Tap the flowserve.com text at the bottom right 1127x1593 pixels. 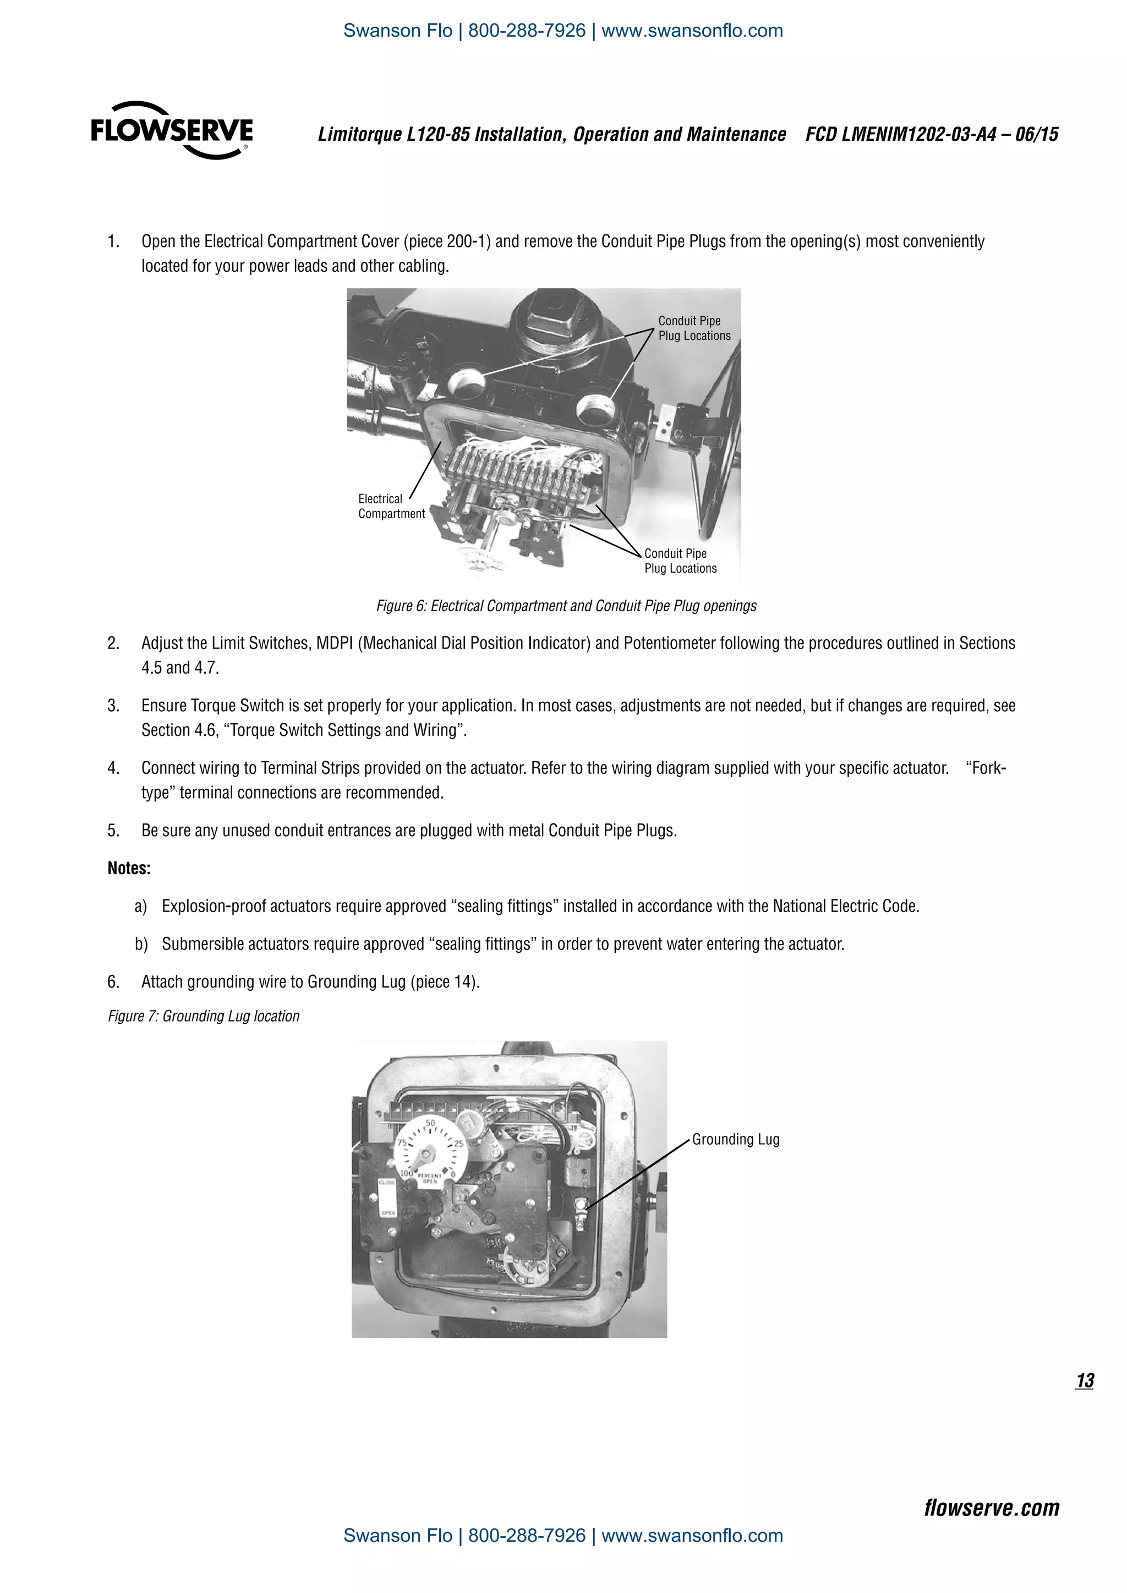[991, 1508]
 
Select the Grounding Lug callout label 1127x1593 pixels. [736, 1139]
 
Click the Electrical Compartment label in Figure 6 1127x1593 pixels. [391, 507]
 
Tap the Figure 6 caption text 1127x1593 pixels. [566, 606]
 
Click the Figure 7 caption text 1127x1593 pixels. [203, 1016]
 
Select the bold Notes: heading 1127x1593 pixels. [129, 869]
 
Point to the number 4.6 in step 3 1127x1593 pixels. [205, 730]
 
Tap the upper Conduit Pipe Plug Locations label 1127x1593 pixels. [693, 328]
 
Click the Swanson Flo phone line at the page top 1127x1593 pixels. [563, 30]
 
